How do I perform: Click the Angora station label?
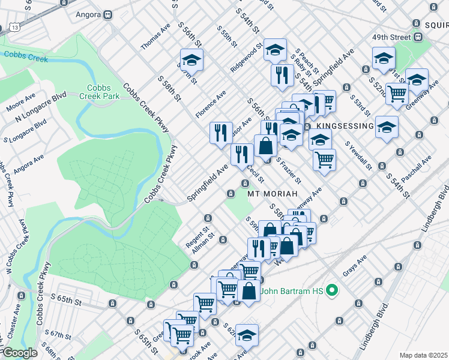tap(85, 12)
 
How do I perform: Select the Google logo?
tap(19, 353)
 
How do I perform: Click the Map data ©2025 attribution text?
tap(423, 355)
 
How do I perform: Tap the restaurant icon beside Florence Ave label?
tap(221, 131)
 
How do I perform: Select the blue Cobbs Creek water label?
tap(22, 55)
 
